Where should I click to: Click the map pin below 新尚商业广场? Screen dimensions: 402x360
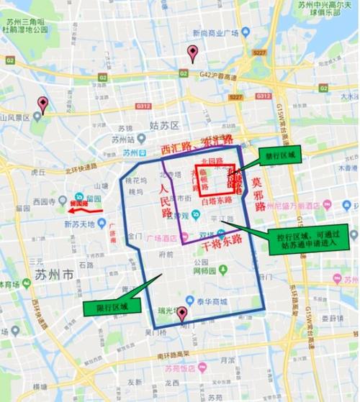point(192,52)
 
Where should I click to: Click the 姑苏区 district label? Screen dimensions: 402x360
point(164,125)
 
